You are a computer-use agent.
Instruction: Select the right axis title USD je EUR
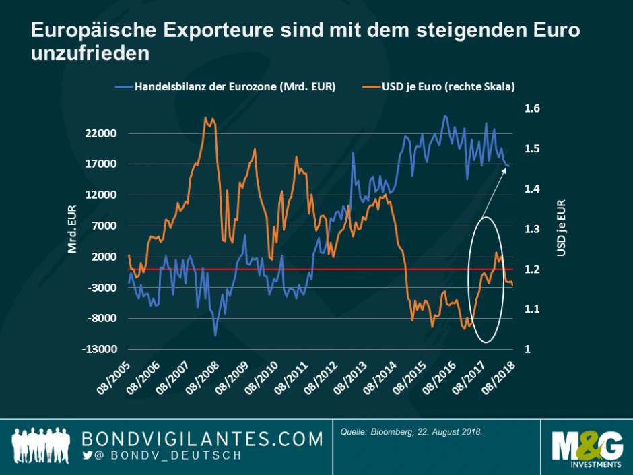pyautogui.click(x=560, y=229)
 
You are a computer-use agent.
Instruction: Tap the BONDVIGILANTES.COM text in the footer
pyautogui.click(x=202, y=439)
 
